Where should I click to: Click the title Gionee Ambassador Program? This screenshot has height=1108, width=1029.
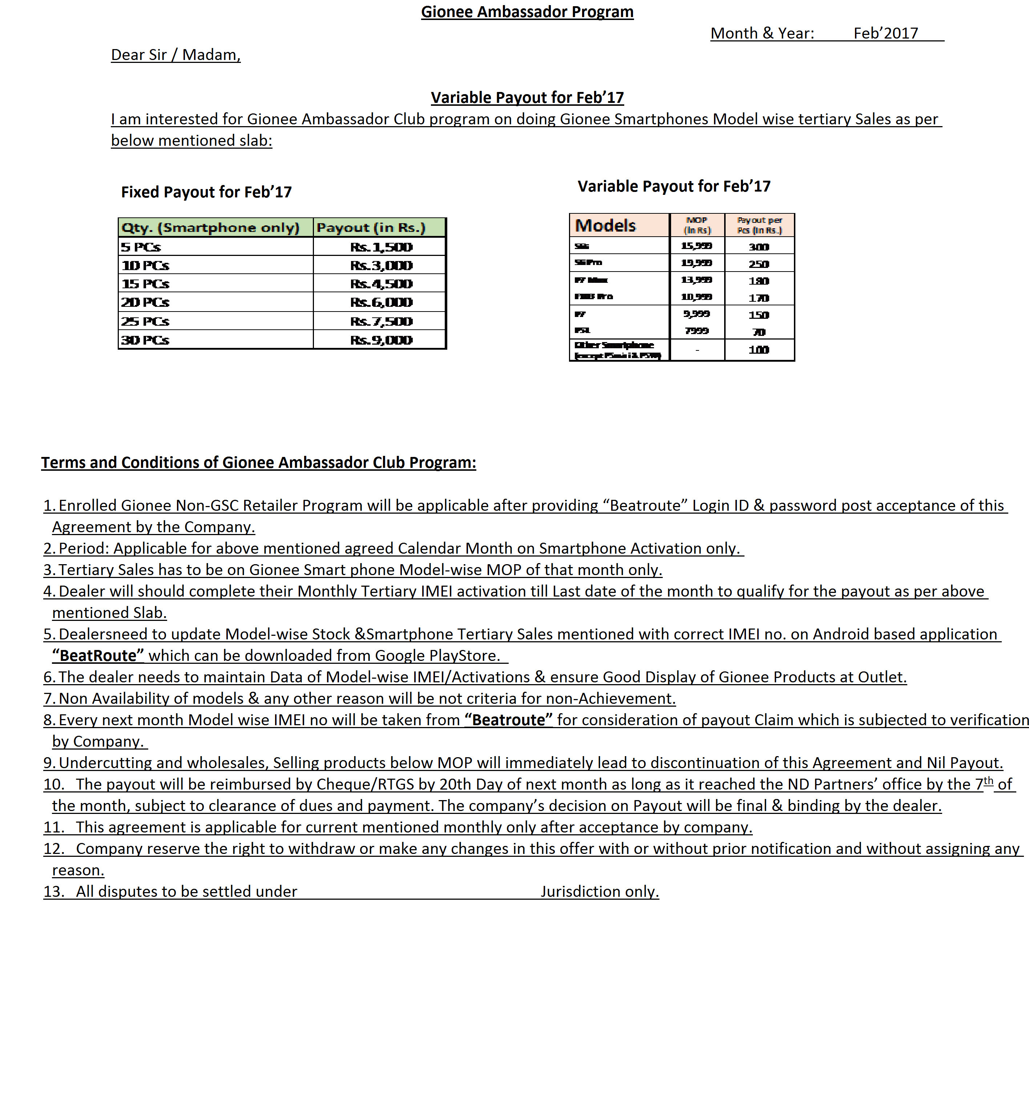(x=527, y=12)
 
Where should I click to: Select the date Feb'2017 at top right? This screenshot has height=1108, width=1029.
(x=885, y=33)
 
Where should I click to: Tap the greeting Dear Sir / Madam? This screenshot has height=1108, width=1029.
(x=175, y=55)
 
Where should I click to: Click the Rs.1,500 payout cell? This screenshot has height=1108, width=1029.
(x=381, y=247)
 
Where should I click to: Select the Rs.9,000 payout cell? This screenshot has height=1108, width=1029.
(x=381, y=340)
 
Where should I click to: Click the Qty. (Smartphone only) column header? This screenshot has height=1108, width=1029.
(x=210, y=227)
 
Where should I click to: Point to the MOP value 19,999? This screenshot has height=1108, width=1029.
(x=697, y=263)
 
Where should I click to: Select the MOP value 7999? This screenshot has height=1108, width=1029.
(x=697, y=331)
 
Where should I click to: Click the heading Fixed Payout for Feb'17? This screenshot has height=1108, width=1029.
(x=206, y=192)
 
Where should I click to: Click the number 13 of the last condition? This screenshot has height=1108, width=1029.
(x=53, y=891)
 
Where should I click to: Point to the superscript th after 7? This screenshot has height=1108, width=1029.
(x=988, y=781)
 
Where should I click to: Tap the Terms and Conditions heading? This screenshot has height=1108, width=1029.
(x=258, y=463)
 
